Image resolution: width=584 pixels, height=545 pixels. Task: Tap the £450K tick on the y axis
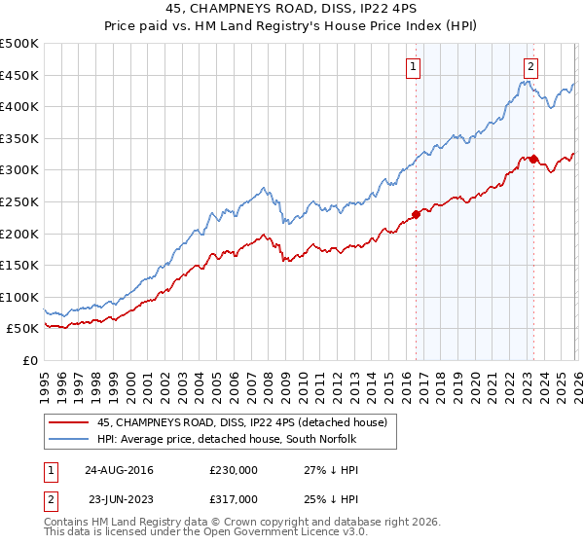[x=19, y=75]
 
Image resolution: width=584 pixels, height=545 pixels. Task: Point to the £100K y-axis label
[x=19, y=297]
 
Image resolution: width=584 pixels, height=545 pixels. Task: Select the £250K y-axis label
[x=19, y=201]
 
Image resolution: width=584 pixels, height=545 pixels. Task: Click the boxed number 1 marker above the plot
[x=414, y=67]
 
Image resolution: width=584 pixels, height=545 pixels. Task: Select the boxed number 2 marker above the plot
[x=531, y=67]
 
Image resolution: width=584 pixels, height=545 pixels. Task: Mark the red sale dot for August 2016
[x=417, y=213]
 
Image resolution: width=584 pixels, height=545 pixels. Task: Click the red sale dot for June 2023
[x=534, y=158]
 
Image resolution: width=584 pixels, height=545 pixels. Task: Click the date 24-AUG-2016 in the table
[x=119, y=470]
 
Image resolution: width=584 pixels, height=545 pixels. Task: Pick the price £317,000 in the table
[x=234, y=497]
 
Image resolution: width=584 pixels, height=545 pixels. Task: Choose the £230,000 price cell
[x=234, y=470]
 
